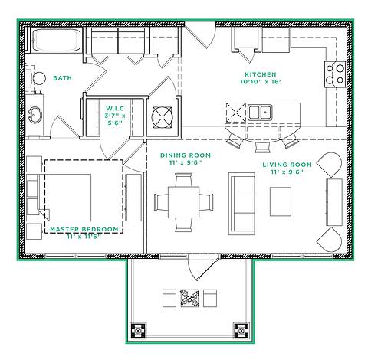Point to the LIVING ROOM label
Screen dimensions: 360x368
[x=287, y=165]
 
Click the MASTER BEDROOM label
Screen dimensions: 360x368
[x=84, y=229]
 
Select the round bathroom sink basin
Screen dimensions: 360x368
[x=35, y=116]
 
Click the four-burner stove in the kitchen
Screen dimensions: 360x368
[x=335, y=73]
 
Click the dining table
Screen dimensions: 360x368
[x=184, y=201]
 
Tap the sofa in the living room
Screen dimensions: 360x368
[x=242, y=201]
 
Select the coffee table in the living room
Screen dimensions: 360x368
[x=281, y=201]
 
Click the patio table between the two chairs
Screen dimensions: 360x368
[x=189, y=298]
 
